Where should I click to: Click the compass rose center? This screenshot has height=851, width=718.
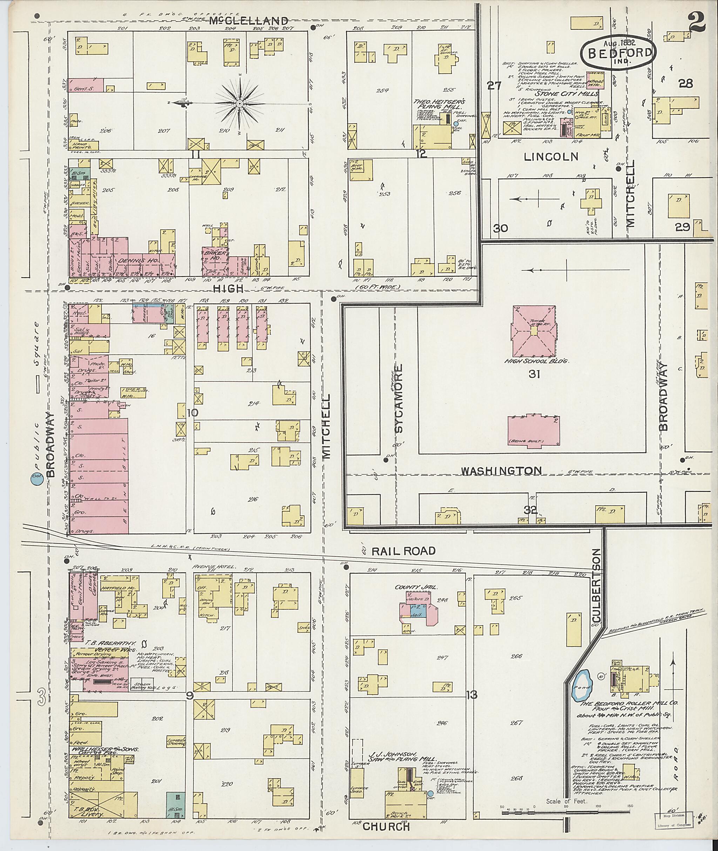tap(240, 104)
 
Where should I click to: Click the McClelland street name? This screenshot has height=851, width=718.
tap(249, 20)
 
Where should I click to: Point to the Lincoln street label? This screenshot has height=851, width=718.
tap(551, 157)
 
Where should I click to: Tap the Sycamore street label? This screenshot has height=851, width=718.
tap(400, 398)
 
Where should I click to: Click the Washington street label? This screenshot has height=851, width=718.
tap(501, 471)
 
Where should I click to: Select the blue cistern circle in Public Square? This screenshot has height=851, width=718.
tap(36, 480)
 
